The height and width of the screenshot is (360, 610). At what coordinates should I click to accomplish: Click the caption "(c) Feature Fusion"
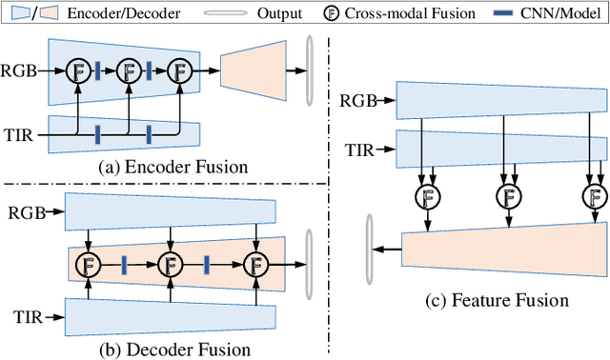497,301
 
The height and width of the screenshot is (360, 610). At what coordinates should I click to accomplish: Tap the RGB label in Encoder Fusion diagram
20,70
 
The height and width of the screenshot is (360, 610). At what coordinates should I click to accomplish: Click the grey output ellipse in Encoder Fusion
308,70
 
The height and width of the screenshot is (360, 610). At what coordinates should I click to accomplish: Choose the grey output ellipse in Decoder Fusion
308,262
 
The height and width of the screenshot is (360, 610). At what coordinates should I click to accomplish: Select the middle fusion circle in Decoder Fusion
172,263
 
